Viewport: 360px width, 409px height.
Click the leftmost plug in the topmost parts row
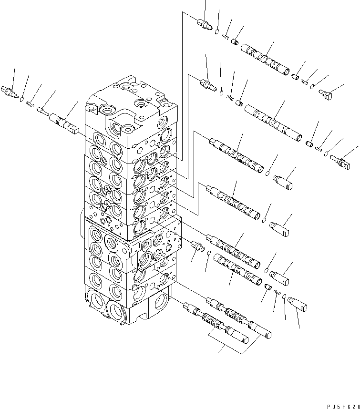pyautogui.click(x=205, y=23)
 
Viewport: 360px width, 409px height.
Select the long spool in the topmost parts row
pyautogui.click(x=265, y=60)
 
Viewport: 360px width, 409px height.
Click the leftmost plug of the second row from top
pyautogui.click(x=207, y=84)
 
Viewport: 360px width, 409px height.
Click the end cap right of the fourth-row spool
pyautogui.click(x=279, y=228)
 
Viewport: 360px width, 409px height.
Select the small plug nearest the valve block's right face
pyautogui.click(x=196, y=246)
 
